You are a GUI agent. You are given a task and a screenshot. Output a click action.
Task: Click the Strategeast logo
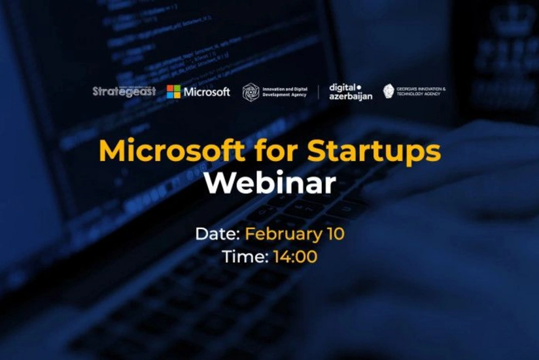(124, 92)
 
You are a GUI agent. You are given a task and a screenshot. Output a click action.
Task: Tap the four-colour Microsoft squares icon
(173, 92)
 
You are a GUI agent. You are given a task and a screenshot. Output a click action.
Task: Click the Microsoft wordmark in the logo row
(207, 92)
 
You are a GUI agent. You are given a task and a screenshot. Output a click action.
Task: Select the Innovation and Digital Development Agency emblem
(251, 92)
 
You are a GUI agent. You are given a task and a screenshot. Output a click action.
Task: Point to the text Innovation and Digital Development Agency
(285, 92)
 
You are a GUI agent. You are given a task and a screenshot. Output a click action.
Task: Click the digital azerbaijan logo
(351, 92)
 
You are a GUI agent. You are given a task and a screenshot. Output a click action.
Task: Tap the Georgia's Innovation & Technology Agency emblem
(389, 91)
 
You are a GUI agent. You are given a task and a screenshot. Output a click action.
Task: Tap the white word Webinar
(269, 184)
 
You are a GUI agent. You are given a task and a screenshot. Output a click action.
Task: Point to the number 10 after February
(336, 234)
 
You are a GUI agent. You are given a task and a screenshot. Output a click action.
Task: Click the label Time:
(245, 257)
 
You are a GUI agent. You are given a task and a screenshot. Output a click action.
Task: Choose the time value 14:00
(295, 257)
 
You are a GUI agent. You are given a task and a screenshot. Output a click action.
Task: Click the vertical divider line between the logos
(319, 92)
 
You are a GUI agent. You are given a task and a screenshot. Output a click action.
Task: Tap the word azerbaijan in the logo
(351, 96)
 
